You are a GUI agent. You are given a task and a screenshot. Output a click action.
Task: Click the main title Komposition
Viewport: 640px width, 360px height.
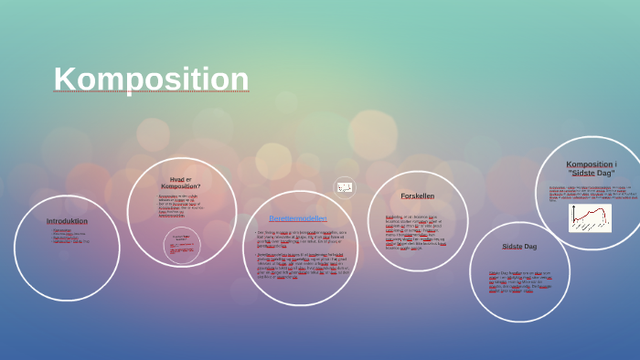pyautogui.click(x=151, y=79)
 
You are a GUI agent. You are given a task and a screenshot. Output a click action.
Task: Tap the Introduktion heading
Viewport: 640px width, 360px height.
pyautogui.click(x=67, y=220)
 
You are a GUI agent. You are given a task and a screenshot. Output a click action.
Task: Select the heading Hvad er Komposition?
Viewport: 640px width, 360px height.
pyautogui.click(x=181, y=183)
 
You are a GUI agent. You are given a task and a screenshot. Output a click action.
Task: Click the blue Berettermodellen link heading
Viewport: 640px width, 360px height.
pyautogui.click(x=298, y=217)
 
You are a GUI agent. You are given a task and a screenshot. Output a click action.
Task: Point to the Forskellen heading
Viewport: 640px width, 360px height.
pyautogui.click(x=418, y=196)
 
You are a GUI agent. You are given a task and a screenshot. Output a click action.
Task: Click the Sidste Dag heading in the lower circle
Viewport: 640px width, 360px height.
pyautogui.click(x=519, y=246)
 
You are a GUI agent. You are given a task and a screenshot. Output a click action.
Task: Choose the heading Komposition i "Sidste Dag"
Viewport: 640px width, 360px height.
pyautogui.click(x=592, y=168)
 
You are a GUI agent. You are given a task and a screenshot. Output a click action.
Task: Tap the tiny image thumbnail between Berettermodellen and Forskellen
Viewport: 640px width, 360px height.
pyautogui.click(x=345, y=187)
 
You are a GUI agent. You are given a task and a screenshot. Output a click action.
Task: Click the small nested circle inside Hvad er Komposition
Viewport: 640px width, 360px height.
pyautogui.click(x=182, y=245)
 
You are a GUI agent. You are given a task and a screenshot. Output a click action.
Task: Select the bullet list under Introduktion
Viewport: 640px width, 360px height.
pyautogui.click(x=69, y=236)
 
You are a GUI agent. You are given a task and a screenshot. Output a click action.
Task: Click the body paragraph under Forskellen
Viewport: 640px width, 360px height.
pyautogui.click(x=416, y=232)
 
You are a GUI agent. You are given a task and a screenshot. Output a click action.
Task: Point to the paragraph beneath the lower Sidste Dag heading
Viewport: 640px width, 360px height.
pyautogui.click(x=519, y=280)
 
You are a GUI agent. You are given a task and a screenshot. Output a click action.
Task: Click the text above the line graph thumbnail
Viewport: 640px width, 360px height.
pyautogui.click(x=592, y=192)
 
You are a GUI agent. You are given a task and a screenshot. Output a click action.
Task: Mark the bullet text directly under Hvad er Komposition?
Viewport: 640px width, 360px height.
pyautogui.click(x=180, y=206)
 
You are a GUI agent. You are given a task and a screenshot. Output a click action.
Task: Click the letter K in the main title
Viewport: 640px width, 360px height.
pyautogui.click(x=64, y=79)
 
